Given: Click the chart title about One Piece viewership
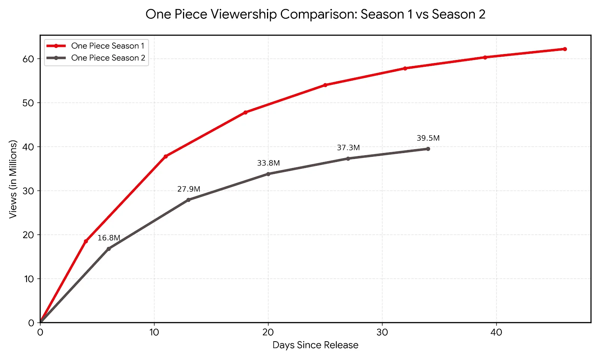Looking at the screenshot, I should [315, 14].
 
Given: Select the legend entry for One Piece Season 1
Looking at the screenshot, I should [107, 46].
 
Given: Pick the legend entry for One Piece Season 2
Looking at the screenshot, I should [108, 58].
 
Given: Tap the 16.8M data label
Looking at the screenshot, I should [109, 238].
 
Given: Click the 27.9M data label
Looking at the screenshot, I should [189, 189].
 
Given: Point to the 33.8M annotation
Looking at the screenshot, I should [268, 163].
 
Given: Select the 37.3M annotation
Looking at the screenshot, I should [348, 148].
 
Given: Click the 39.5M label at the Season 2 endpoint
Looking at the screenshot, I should [428, 138].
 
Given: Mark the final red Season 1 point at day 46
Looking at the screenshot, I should [565, 49].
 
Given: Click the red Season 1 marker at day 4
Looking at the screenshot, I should [86, 241].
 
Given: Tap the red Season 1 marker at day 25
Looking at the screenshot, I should [325, 85].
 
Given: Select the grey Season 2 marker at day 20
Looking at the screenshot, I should [268, 174].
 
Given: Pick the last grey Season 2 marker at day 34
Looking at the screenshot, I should [428, 149].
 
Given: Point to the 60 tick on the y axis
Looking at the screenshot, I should [28, 59].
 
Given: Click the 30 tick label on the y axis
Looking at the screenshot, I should [28, 191].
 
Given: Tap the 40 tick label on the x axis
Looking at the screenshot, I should [496, 332].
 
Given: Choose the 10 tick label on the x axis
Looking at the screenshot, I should [154, 332].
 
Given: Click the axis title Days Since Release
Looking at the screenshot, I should [315, 345].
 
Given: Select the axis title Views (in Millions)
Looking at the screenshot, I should [13, 179].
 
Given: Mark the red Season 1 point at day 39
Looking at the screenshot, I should [485, 57].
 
